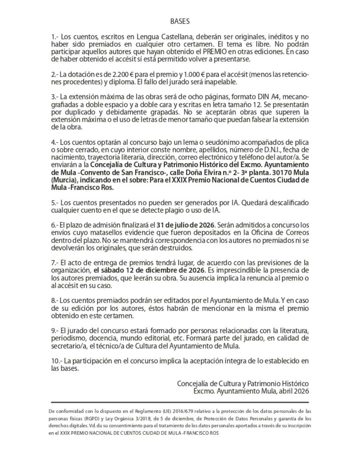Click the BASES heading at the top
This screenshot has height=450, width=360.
coord(180,21)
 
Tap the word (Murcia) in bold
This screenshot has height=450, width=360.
coord(63,180)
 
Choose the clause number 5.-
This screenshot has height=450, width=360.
coord(55,203)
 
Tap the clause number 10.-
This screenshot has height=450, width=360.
coord(57,361)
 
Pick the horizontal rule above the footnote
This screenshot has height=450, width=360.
coord(180,402)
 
